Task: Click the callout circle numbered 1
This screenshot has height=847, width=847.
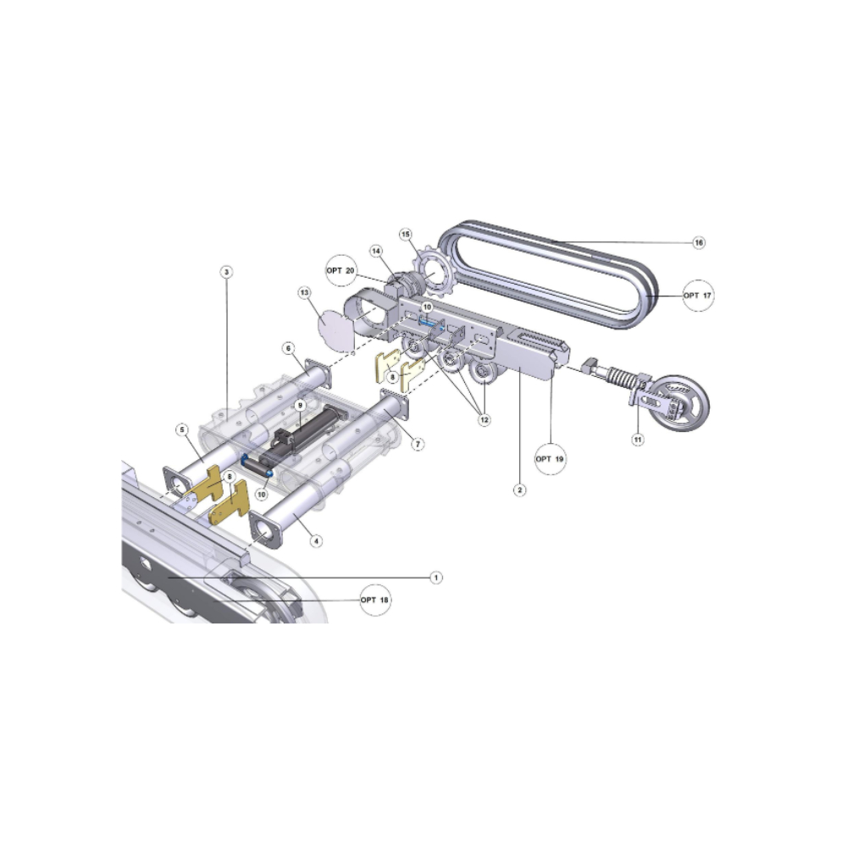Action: tap(436, 578)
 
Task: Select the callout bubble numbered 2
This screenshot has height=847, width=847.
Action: tap(519, 490)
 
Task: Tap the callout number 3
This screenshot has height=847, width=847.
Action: tap(227, 272)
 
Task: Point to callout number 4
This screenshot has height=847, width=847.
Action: tap(316, 540)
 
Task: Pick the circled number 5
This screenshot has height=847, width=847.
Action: tap(183, 430)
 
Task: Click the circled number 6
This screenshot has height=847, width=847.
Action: tap(289, 348)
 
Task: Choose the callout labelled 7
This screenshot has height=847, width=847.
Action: tap(418, 444)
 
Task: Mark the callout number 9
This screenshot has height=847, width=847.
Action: tap(301, 405)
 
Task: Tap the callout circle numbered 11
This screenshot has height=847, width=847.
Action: tap(638, 440)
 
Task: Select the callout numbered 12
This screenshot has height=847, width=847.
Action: tap(484, 419)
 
